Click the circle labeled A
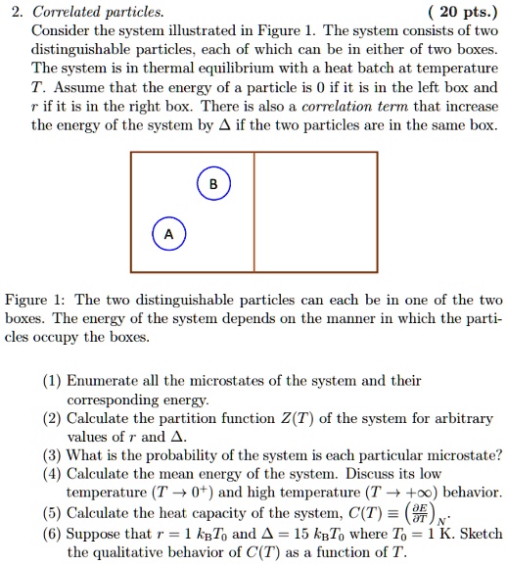[168, 235]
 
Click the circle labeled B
[213, 184]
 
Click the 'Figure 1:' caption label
[36, 301]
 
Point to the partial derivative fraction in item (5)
[444, 514]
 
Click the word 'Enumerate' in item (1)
[105, 381]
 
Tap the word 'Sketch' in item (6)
[479, 534]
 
